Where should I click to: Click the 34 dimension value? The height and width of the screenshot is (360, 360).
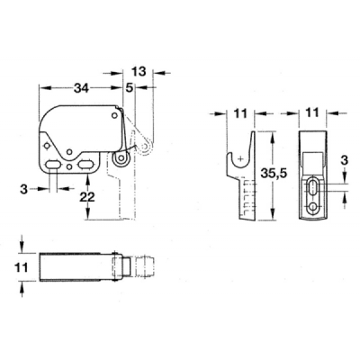click(x=82, y=88)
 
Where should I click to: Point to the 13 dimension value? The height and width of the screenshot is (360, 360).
click(x=139, y=72)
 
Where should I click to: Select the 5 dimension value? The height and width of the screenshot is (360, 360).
click(x=130, y=88)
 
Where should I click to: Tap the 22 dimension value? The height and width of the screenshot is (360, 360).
click(x=87, y=197)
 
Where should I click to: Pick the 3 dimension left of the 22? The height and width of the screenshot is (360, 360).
click(x=24, y=189)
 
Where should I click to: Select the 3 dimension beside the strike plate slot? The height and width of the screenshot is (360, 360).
click(x=344, y=160)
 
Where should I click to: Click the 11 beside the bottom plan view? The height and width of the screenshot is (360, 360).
click(x=21, y=266)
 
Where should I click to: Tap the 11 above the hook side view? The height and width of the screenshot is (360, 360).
click(x=240, y=113)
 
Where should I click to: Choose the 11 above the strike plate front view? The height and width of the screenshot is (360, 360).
click(x=312, y=112)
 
